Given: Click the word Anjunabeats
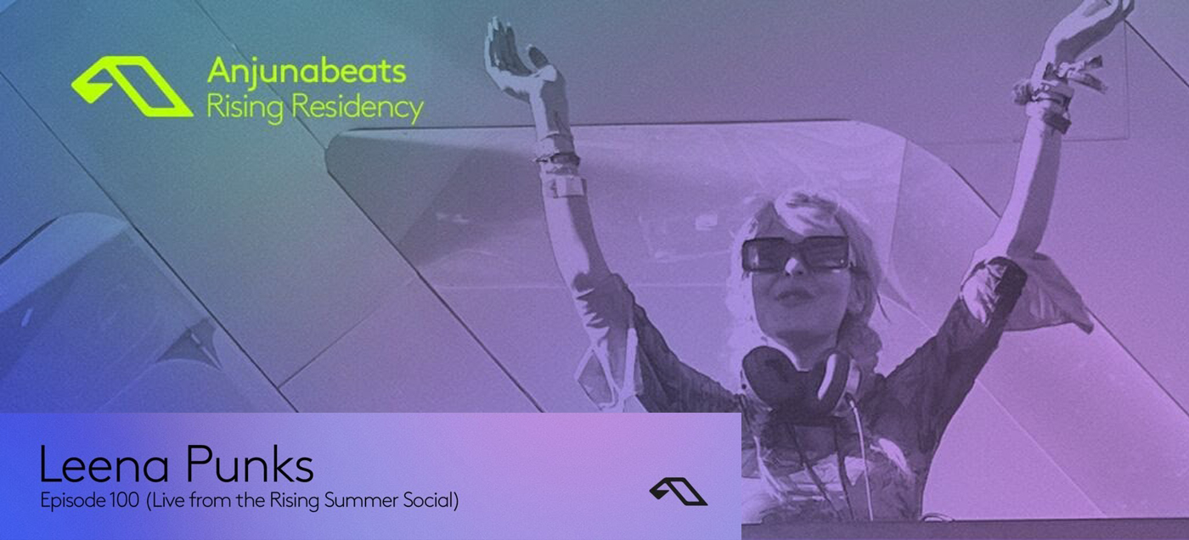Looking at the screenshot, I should (x=306, y=72).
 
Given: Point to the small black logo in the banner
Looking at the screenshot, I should (x=678, y=491).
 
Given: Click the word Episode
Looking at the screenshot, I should (x=70, y=501).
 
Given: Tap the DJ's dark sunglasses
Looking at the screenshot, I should (x=795, y=254).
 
